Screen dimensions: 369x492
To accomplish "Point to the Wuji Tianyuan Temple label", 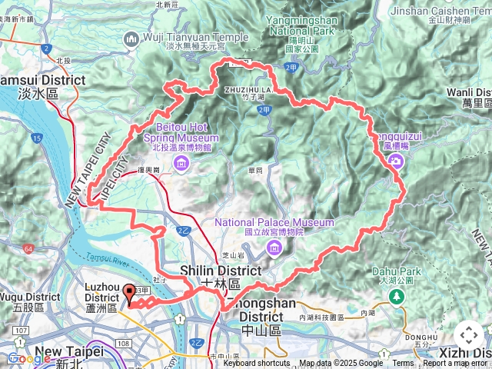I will coord(196,37).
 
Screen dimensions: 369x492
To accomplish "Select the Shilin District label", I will coord(221,271).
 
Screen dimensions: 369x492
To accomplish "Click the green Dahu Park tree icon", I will coord(397,295).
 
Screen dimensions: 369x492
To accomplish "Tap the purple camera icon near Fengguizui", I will coord(395,160).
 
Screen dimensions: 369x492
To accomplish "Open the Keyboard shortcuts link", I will coord(257,364).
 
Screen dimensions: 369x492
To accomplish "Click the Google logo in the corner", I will coord(29,358).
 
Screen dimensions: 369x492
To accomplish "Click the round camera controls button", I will coord(469,335).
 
